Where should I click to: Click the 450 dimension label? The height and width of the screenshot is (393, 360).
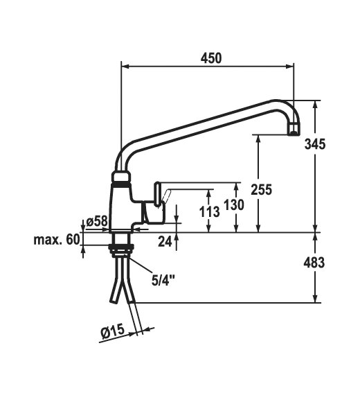[211, 58]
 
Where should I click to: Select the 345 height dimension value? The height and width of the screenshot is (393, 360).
[315, 144]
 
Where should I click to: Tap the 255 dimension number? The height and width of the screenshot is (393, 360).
[261, 189]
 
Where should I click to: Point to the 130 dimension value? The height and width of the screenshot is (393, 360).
[234, 204]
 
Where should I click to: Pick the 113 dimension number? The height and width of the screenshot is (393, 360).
[210, 212]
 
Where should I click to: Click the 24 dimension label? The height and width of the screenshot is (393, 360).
[165, 242]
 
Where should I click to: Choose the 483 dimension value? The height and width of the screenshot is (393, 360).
[314, 263]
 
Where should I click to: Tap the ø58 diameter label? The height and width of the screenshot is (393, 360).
[97, 221]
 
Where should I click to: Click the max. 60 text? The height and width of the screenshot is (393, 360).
[57, 240]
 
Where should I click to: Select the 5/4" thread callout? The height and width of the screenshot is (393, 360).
[163, 280]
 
